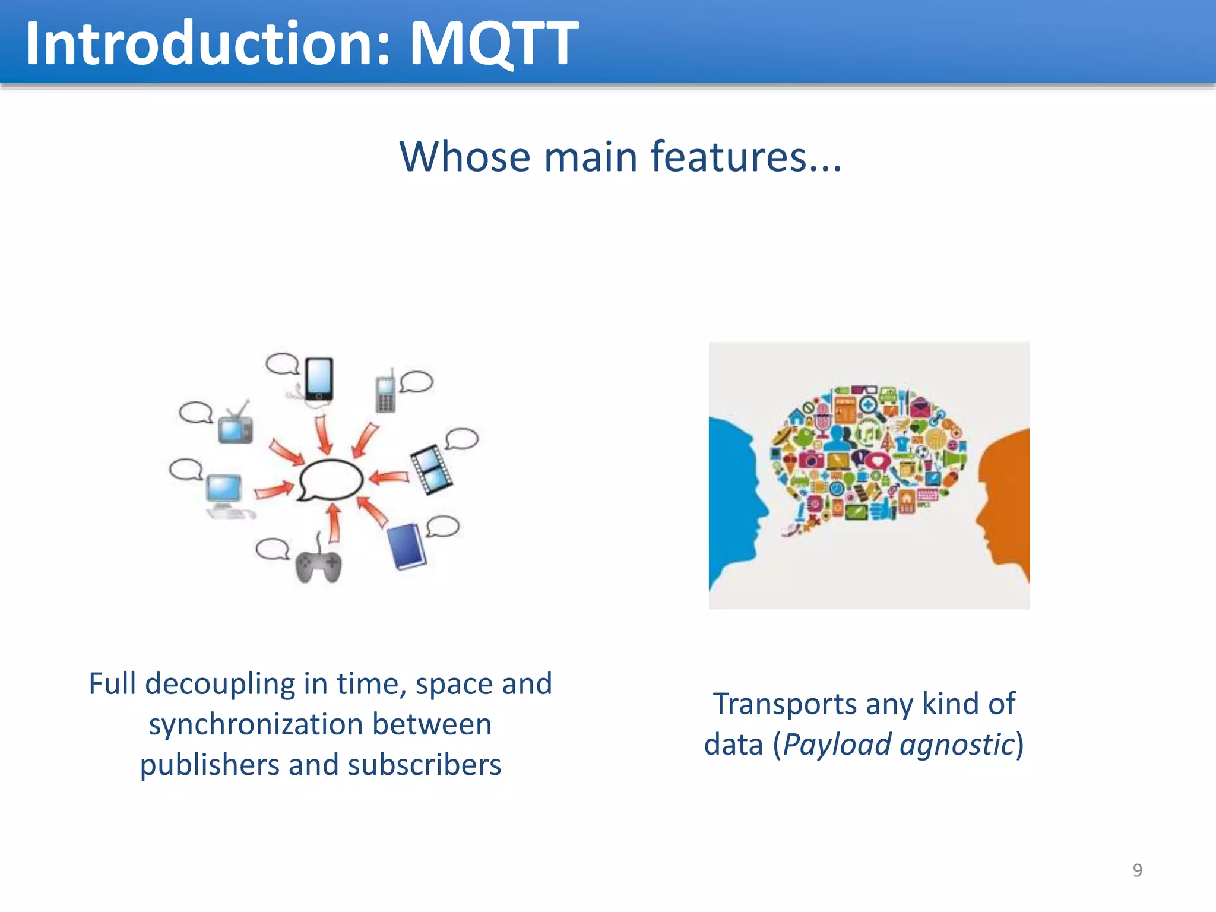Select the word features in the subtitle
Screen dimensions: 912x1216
729,157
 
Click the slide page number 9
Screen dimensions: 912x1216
1137,870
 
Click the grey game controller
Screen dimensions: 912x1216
319,566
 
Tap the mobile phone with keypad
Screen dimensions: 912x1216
385,393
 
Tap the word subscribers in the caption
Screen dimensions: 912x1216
424,765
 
